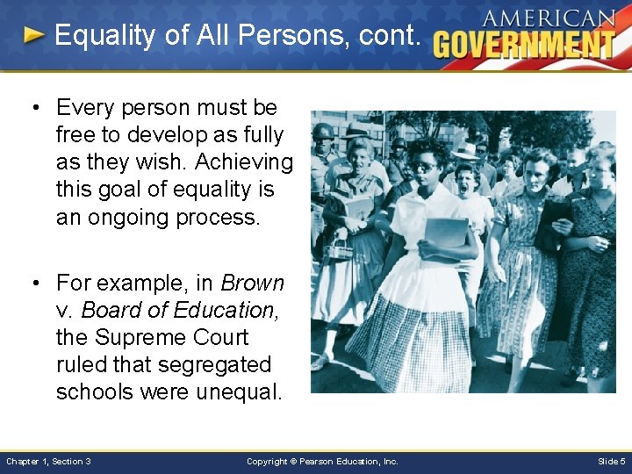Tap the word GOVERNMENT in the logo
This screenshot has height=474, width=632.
(524, 44)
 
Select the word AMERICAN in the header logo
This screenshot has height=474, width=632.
(549, 18)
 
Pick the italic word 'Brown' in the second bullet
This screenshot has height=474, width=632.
(253, 283)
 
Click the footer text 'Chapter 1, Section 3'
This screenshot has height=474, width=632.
(48, 461)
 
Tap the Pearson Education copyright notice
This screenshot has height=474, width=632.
(322, 461)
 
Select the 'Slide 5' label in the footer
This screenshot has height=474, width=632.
(611, 461)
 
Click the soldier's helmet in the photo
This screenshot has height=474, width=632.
(324, 132)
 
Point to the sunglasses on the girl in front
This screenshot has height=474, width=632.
(424, 166)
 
